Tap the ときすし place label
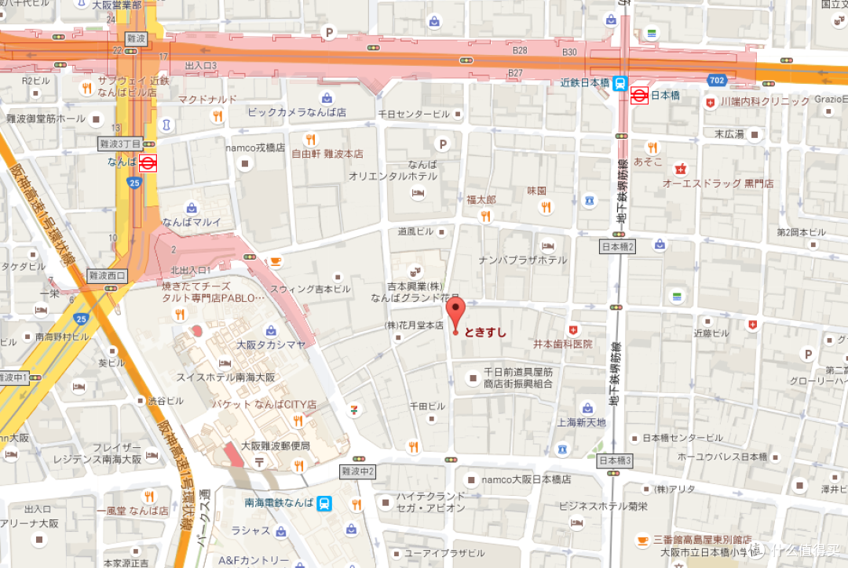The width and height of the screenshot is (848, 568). click(x=485, y=332)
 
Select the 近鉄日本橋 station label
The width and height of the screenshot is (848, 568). click(x=585, y=82)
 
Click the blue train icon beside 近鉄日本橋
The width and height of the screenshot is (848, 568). click(x=620, y=82)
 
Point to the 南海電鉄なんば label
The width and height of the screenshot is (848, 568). click(x=278, y=503)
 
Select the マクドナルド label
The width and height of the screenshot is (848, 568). click(x=207, y=100)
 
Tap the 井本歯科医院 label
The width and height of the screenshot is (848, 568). click(x=563, y=344)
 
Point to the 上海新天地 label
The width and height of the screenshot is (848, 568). click(x=582, y=422)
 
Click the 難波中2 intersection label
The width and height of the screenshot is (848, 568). click(x=358, y=471)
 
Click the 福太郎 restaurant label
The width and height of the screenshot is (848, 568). click(x=481, y=200)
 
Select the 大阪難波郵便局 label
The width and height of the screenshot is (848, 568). click(x=276, y=446)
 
